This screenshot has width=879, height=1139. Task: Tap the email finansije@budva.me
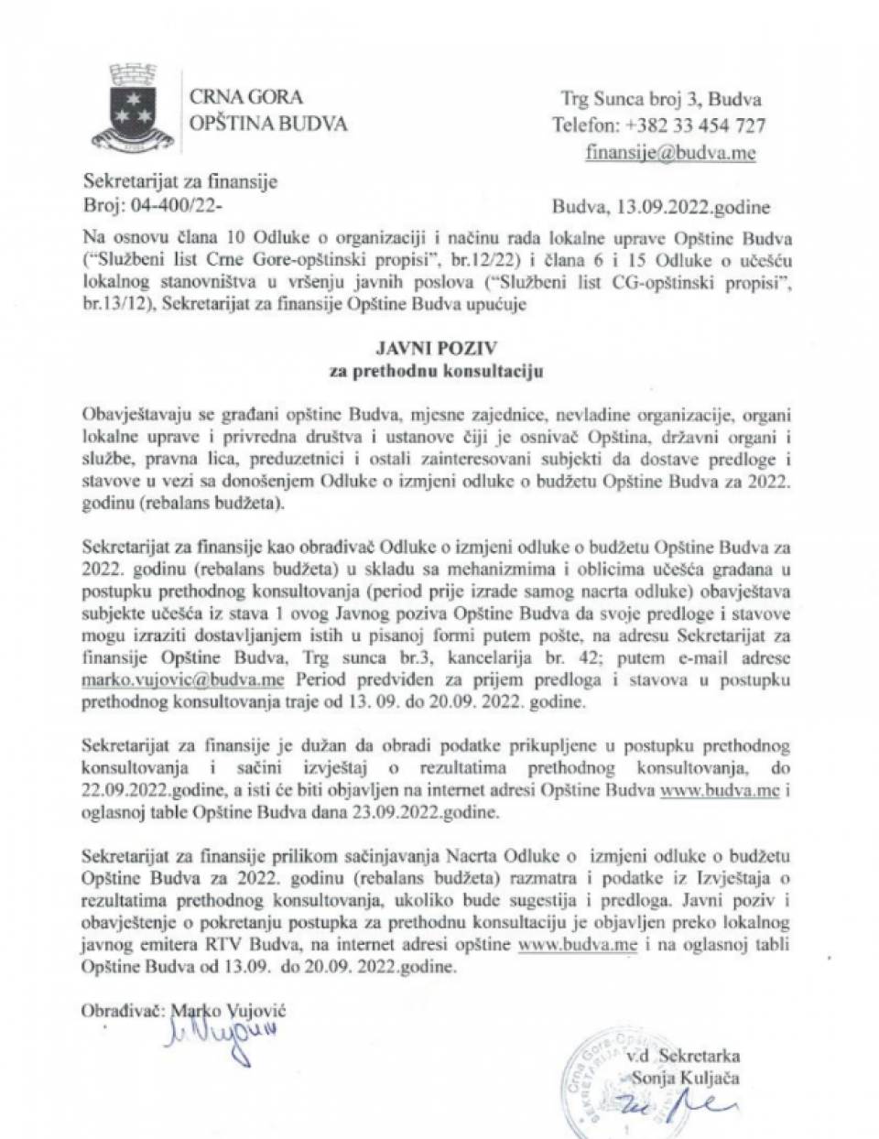(x=671, y=153)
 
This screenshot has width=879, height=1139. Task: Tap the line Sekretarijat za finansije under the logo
(x=179, y=182)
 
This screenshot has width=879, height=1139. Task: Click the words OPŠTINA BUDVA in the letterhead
(x=267, y=123)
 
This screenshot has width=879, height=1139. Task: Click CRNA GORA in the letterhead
(x=244, y=97)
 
